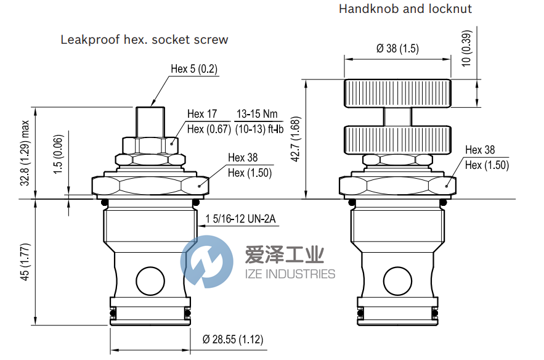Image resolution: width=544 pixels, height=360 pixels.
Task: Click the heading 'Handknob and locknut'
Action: [x=405, y=9]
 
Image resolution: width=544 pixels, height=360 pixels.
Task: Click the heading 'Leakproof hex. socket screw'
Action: [x=144, y=39]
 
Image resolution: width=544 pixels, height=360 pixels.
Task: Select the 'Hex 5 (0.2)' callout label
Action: [x=194, y=69]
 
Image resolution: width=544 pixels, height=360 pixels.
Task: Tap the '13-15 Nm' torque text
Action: [x=258, y=114]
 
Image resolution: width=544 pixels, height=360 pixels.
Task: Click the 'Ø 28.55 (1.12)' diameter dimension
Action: [x=233, y=338]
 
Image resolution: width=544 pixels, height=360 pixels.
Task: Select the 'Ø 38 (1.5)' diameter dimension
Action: [x=398, y=49]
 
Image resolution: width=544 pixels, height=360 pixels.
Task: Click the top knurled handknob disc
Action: [x=397, y=93]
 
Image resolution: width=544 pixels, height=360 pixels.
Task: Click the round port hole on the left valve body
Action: [x=150, y=280]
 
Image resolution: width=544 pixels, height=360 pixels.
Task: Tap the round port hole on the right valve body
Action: [x=398, y=280]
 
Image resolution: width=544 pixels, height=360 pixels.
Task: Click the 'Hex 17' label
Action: [x=203, y=114]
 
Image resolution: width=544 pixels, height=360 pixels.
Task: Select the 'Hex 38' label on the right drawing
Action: [x=480, y=150]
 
